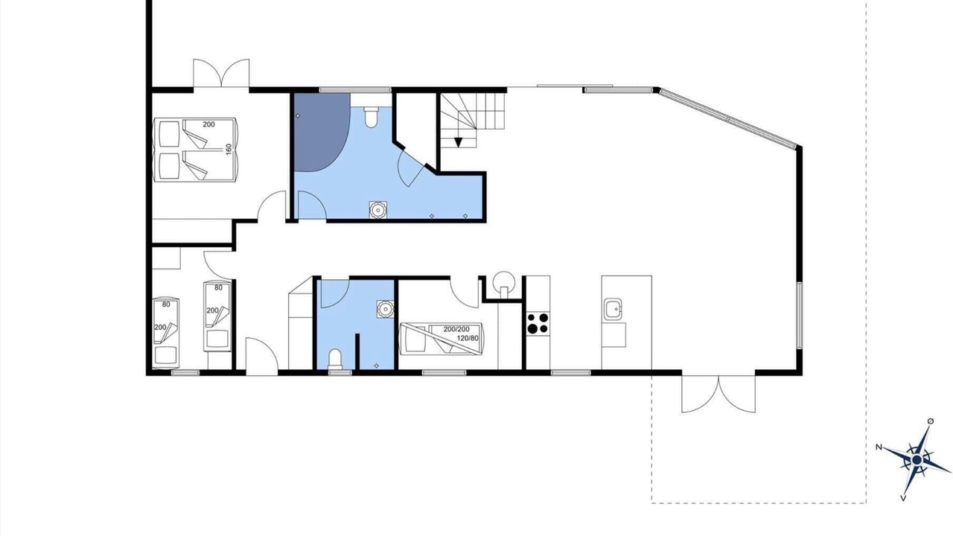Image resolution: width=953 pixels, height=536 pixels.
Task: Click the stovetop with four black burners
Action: click(x=538, y=323)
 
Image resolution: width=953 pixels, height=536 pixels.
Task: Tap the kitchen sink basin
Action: click(x=612, y=309)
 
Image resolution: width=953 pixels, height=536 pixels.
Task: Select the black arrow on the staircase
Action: click(x=458, y=142)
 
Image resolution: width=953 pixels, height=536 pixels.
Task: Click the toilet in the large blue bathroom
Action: click(x=371, y=117)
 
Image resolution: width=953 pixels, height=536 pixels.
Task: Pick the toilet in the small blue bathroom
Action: click(x=335, y=360)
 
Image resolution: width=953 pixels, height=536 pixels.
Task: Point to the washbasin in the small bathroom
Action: click(x=385, y=309)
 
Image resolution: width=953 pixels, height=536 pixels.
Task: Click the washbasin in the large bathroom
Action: click(x=377, y=210)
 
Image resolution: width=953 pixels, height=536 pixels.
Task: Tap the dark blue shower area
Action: click(x=321, y=132)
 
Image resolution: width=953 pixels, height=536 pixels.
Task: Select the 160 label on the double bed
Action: click(x=229, y=150)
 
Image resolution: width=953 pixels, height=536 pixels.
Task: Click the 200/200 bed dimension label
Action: click(x=456, y=329)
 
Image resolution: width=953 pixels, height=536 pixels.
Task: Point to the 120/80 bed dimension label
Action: click(x=468, y=339)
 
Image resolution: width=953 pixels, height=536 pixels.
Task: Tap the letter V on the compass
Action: click(x=903, y=498)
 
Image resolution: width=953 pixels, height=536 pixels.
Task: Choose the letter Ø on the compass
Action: click(x=931, y=421)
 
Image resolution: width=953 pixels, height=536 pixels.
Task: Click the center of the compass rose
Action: click(x=917, y=460)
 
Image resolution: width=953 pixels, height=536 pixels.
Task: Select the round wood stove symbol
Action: click(x=504, y=281)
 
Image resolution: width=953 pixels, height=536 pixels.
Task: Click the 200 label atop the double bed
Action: click(x=209, y=124)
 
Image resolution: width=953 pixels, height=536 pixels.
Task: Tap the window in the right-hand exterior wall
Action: click(x=799, y=315)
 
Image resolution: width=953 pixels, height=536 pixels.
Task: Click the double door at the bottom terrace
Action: click(x=718, y=394)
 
